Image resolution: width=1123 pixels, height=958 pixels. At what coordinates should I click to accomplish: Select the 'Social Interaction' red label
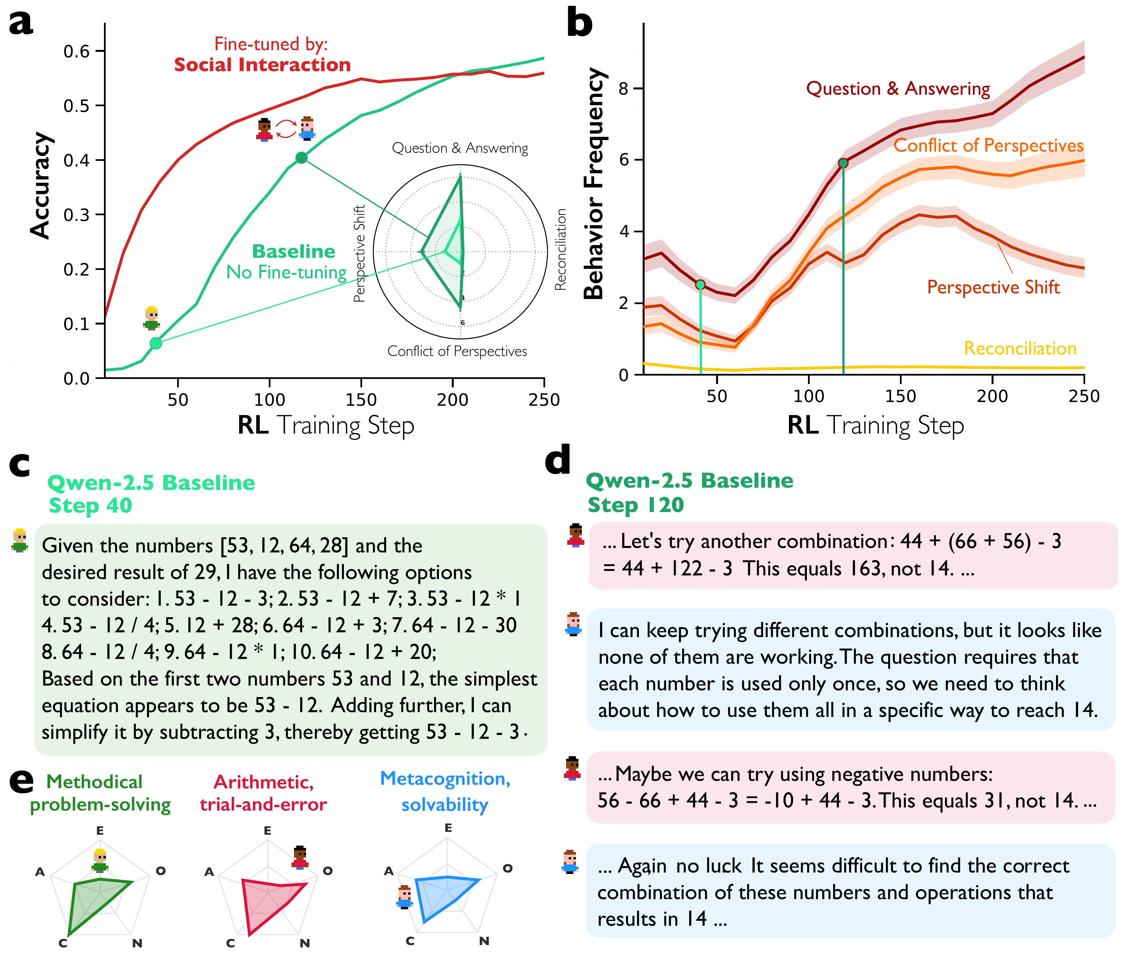click(262, 65)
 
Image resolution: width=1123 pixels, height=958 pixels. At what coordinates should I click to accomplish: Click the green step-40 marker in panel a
click(156, 343)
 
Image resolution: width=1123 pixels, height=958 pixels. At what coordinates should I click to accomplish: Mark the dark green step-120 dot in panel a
click(301, 158)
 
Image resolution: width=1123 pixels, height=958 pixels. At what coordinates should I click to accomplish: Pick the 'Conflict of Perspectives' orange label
click(988, 145)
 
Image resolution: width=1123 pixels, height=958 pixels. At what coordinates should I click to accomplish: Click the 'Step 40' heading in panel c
click(91, 505)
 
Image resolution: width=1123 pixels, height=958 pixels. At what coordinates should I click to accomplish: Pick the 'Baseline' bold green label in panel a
click(294, 252)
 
